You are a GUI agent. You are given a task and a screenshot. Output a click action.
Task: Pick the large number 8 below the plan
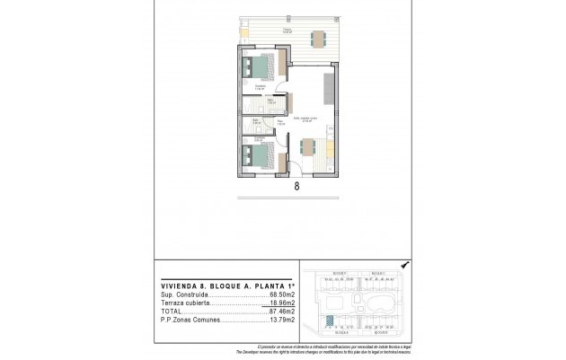click(296, 188)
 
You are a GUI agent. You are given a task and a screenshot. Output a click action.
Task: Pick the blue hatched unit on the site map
click(333, 307)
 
